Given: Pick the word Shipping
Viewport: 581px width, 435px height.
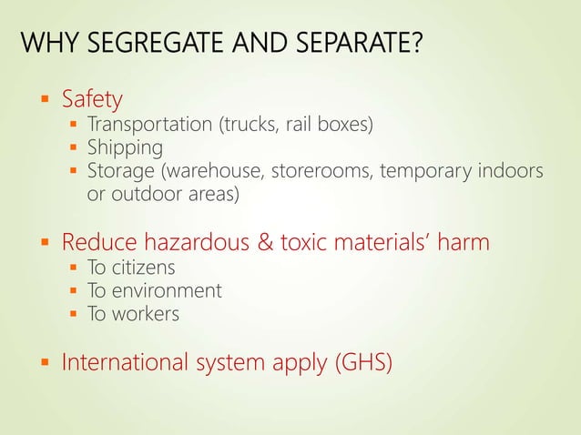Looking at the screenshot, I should [x=125, y=147].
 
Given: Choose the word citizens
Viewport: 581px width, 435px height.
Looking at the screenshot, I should [x=143, y=268].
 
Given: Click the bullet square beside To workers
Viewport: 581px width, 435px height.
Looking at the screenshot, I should [x=74, y=315].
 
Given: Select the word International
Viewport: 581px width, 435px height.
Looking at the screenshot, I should [x=125, y=363].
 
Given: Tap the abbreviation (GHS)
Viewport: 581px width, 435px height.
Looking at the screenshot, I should [x=363, y=363].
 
